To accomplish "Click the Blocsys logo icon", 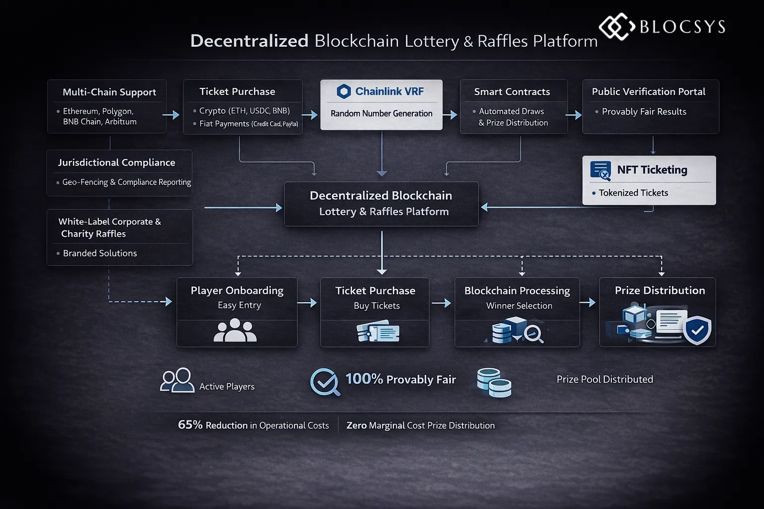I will click(616, 26).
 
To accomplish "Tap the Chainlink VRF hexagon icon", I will click(344, 91).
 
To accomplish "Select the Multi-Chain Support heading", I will click(109, 92).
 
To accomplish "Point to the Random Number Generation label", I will click(381, 113).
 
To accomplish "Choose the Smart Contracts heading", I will click(512, 91).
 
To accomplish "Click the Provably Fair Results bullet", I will click(644, 112).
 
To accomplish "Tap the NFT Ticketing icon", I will click(600, 170).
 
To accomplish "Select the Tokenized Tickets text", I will click(633, 193).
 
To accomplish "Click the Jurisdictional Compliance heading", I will click(116, 163).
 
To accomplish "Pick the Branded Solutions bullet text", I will click(99, 253).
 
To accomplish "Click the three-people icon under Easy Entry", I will click(235, 331).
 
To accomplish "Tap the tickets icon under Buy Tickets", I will click(378, 332).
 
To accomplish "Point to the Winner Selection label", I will click(519, 306).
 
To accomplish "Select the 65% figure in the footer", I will click(190, 425).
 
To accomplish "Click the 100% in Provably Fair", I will click(364, 379).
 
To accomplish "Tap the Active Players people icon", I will click(177, 381).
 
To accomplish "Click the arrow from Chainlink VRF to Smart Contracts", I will click(450, 115).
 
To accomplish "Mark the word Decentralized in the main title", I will click(249, 41).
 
